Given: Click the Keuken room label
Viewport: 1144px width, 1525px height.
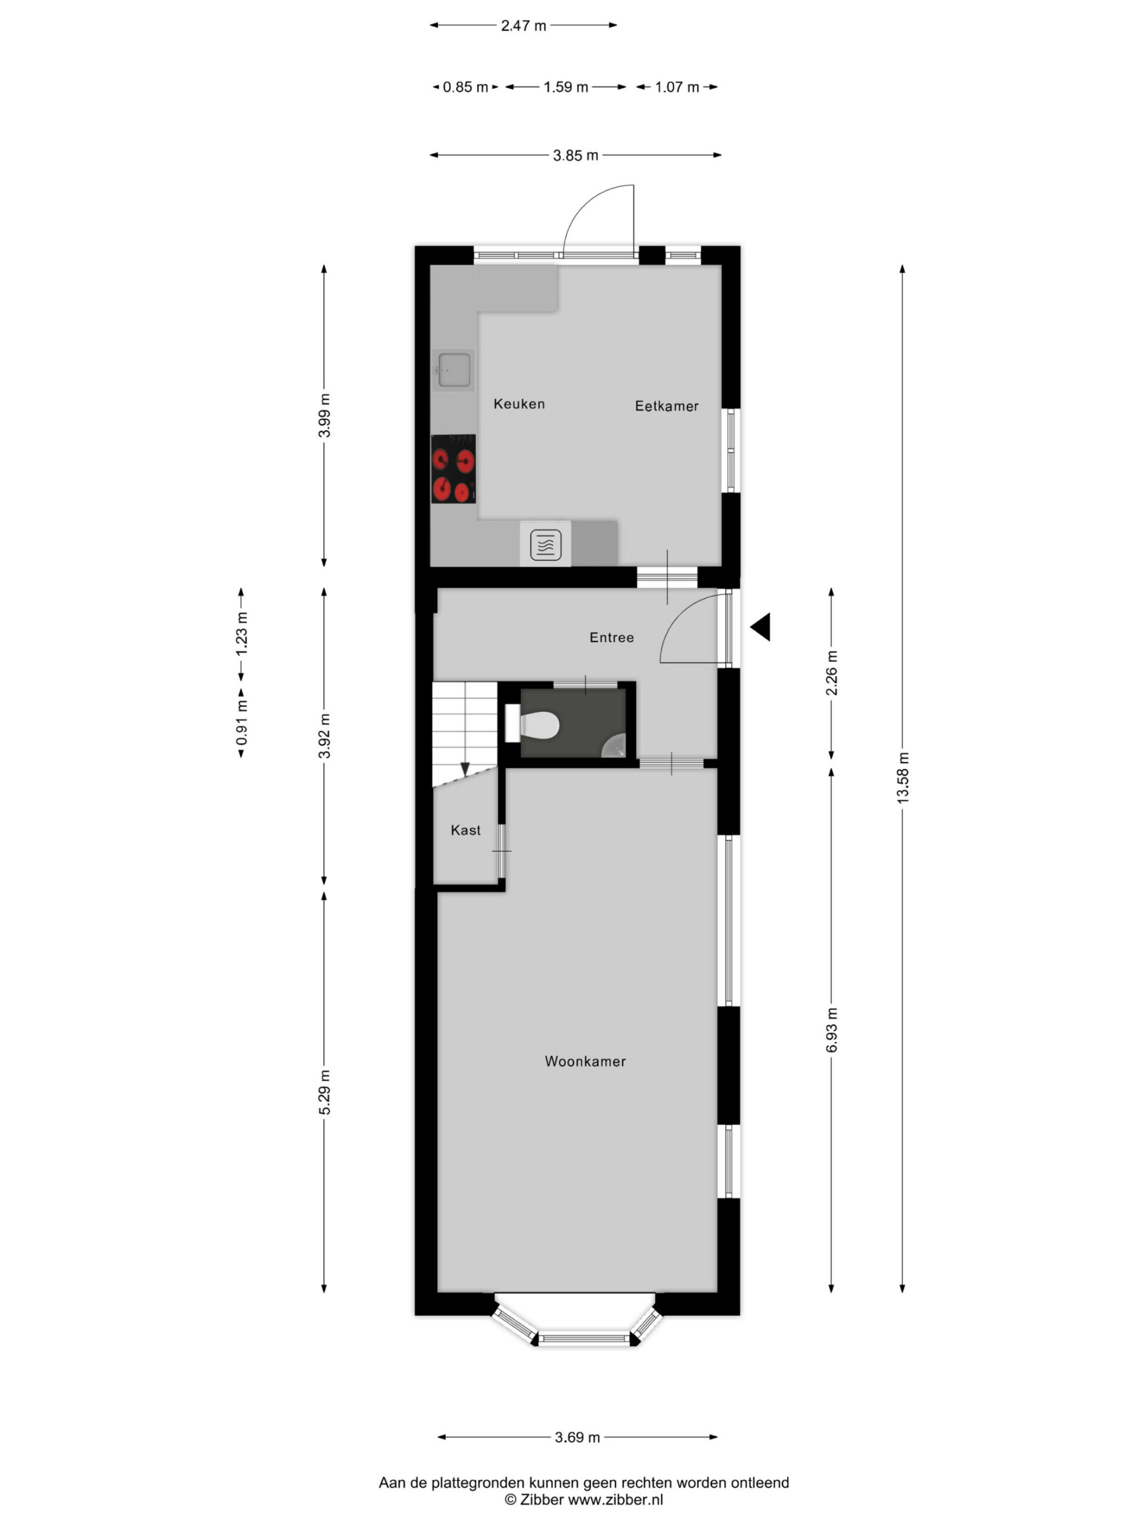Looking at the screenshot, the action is (x=518, y=404).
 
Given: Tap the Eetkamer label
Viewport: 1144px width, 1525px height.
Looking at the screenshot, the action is (x=666, y=406).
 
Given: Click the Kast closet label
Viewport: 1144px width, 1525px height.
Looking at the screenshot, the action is (x=465, y=830).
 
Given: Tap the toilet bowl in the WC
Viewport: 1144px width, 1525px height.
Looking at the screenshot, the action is (x=539, y=724).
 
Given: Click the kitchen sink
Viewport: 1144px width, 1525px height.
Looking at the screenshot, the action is (x=454, y=369).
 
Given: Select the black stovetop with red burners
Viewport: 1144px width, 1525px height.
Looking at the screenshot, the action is (x=453, y=469).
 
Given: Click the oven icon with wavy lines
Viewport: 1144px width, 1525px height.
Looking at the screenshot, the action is (x=545, y=545).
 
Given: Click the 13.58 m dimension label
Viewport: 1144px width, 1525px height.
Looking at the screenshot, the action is (x=903, y=777).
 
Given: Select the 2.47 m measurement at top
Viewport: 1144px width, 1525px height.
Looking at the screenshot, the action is (x=523, y=26).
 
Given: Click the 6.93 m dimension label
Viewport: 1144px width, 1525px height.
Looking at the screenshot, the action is (x=832, y=1030).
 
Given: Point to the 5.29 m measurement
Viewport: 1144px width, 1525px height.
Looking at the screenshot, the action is (x=325, y=1092).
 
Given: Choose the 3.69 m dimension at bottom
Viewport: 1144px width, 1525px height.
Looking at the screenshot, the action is (x=577, y=1437).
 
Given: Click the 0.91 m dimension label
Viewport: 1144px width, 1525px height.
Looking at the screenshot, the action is (x=242, y=723).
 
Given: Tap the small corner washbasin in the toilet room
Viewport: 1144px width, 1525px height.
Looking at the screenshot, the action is (x=614, y=746).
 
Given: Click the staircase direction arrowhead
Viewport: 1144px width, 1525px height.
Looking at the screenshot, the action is (x=465, y=768).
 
